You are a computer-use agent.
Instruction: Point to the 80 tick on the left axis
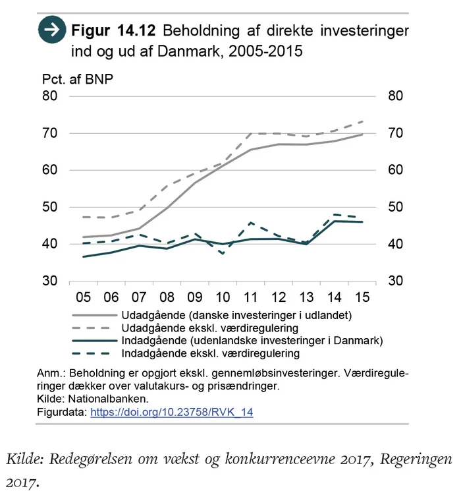pyautogui.click(x=50, y=96)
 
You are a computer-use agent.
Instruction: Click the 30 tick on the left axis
pyautogui.click(x=50, y=281)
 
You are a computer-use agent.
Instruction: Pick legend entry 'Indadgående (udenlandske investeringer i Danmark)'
pyautogui.click(x=252, y=341)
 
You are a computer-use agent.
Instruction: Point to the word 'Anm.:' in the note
pyautogui.click(x=51, y=374)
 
